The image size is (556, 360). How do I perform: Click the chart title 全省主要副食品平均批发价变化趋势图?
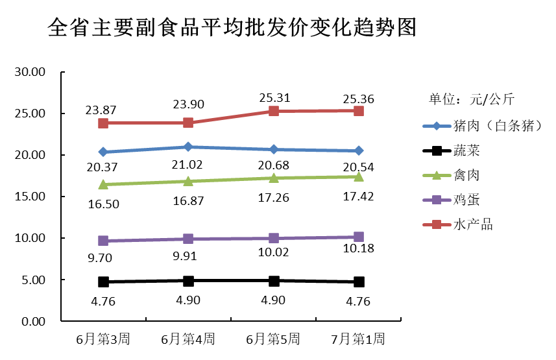(232, 28)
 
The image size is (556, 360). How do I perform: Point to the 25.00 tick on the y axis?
(29, 114)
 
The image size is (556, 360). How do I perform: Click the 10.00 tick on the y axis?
(29, 238)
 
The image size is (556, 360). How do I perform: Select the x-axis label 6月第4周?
(187, 339)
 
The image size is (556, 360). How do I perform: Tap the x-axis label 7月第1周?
(358, 339)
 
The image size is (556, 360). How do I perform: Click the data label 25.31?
(274, 98)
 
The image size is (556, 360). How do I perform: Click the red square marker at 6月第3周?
(103, 123)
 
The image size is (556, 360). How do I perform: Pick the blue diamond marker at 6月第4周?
(188, 147)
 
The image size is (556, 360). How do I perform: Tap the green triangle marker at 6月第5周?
(274, 177)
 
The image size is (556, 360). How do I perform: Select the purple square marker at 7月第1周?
(359, 237)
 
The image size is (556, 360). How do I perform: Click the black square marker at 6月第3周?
(103, 282)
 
